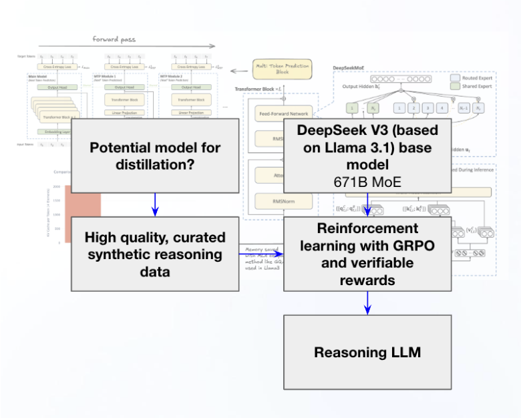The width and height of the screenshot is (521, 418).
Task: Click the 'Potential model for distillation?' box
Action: coord(154,156)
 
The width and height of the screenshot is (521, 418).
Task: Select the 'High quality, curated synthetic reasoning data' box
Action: coord(154,254)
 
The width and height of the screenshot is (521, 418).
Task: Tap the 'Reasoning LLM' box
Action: coord(367,352)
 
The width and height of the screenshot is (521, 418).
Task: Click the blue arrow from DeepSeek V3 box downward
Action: coord(367,204)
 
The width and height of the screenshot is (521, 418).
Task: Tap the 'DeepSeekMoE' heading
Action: coord(350,69)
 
